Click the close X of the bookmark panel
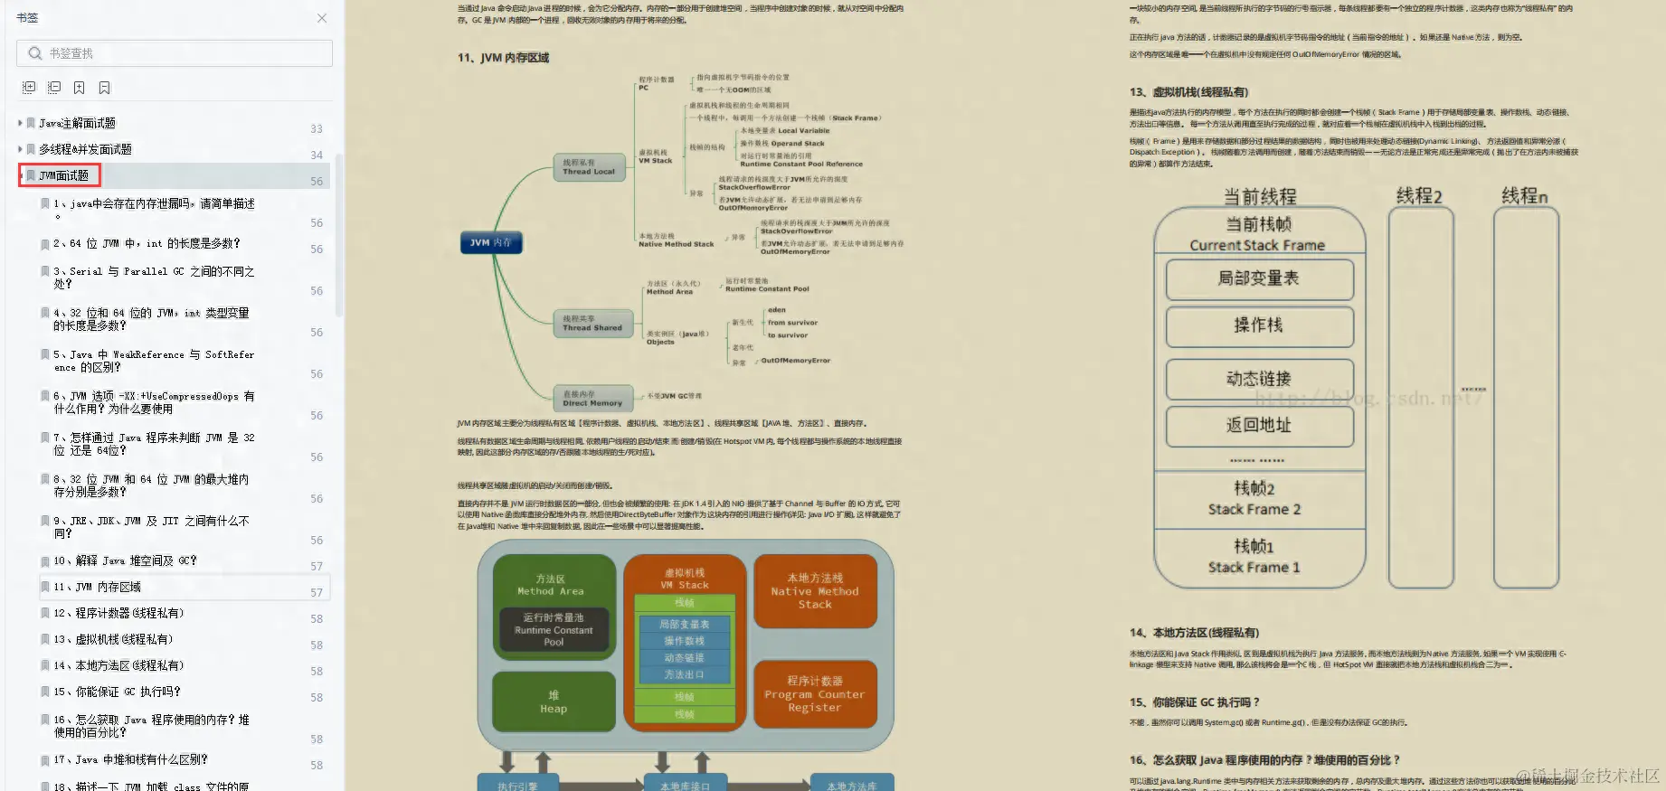[x=322, y=18]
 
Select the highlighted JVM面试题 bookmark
[x=63, y=175]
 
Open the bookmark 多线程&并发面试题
[x=85, y=149]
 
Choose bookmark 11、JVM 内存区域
[x=97, y=587]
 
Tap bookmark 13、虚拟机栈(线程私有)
[x=113, y=639]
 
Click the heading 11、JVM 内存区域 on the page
[x=504, y=58]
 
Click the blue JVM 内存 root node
[x=491, y=242]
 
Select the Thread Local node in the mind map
[x=589, y=167]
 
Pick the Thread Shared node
[x=592, y=324]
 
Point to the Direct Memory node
[x=592, y=399]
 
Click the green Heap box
[x=554, y=702]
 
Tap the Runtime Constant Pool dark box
[x=554, y=630]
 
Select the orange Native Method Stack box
[x=815, y=591]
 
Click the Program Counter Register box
[x=815, y=694]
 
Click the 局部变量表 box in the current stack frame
[x=1259, y=279]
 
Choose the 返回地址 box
[x=1259, y=426]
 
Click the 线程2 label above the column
[x=1419, y=196]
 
